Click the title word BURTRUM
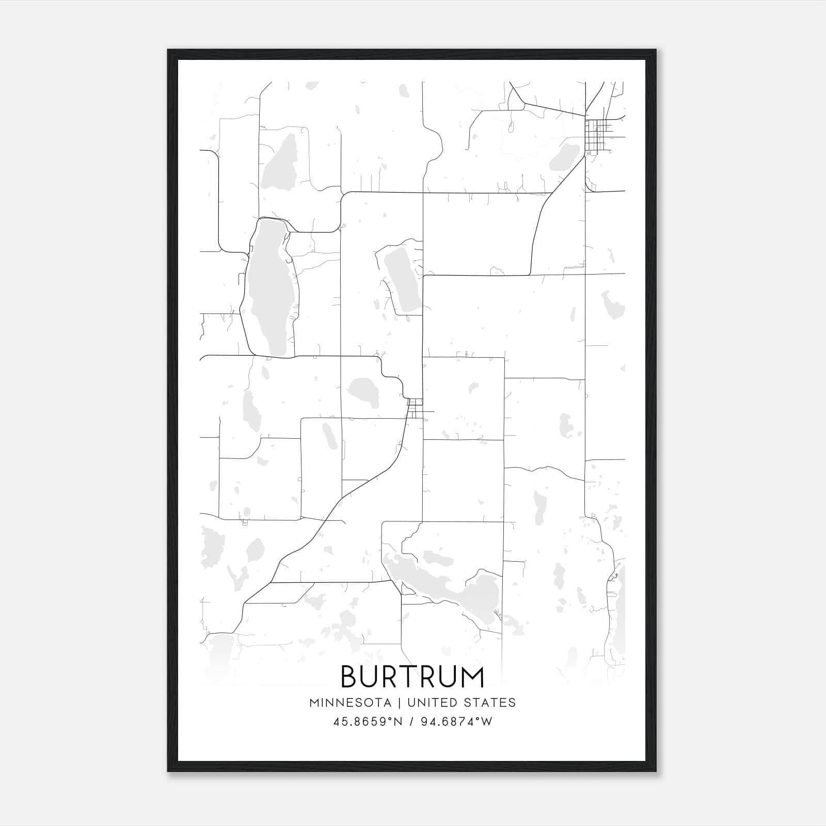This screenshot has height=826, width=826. click(x=412, y=677)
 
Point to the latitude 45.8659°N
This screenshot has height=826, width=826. click(x=368, y=722)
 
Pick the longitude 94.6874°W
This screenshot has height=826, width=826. click(x=456, y=722)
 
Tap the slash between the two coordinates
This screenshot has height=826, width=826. click(x=412, y=722)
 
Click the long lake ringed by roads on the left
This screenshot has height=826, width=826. click(x=268, y=289)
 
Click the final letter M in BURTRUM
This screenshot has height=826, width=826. click(x=472, y=677)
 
